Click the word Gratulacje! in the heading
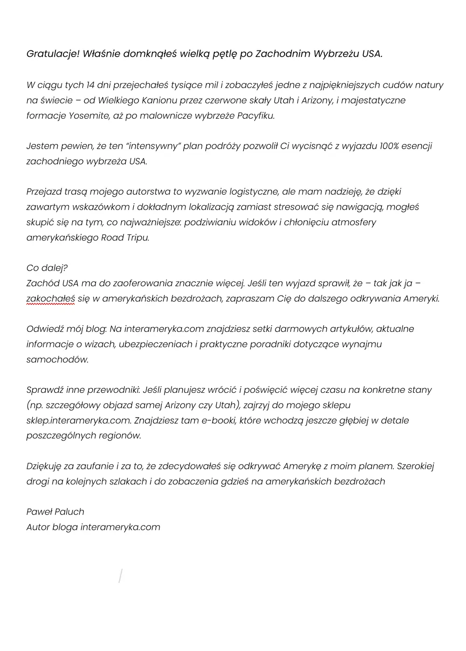[53, 54]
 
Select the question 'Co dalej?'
[47, 268]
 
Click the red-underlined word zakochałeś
[50, 299]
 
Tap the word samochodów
[57, 360]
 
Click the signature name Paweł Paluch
[55, 512]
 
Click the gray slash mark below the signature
[120, 576]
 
